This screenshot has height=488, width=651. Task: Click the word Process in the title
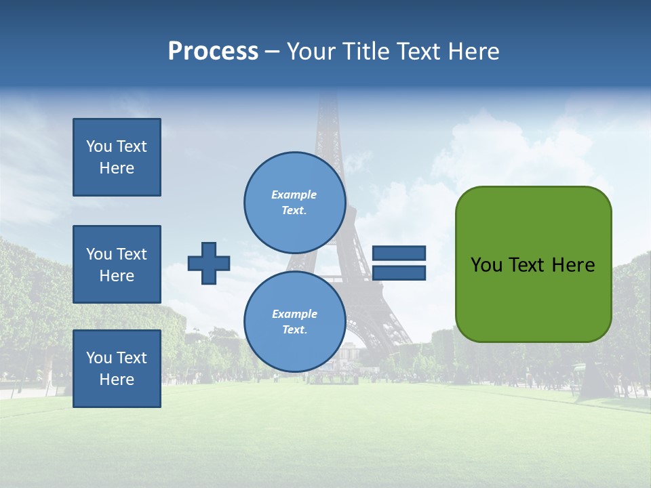(213, 52)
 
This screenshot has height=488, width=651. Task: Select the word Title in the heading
(366, 52)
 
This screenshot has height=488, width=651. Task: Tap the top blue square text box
(117, 157)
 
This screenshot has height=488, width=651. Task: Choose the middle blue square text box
(117, 264)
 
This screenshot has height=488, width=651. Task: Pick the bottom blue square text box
(117, 369)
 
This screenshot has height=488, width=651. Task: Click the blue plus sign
(209, 263)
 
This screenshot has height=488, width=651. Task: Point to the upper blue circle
(294, 203)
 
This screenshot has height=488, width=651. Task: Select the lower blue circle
(294, 322)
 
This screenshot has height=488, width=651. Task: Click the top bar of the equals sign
(399, 253)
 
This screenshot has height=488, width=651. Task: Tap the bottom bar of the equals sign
(399, 272)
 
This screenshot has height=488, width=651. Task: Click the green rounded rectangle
(533, 298)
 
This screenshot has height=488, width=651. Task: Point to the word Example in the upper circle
(294, 195)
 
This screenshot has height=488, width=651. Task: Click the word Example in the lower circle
(294, 314)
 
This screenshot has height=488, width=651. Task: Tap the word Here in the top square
(117, 169)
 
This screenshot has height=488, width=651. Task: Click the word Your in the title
(313, 52)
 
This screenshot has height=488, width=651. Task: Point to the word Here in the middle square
(117, 277)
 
